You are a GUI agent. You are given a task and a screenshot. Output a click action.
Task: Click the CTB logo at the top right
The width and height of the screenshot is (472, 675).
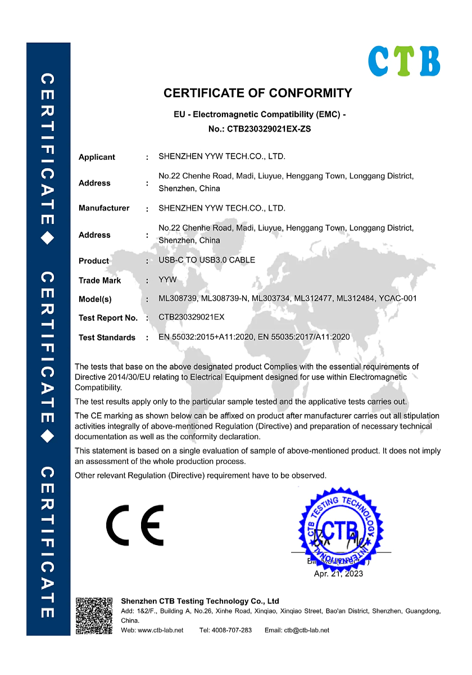pyautogui.click(x=404, y=61)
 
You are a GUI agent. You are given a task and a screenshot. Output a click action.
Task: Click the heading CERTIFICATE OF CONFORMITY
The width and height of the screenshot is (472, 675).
pyautogui.click(x=258, y=93)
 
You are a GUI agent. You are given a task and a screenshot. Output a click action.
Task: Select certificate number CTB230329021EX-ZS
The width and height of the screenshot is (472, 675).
pyautogui.click(x=269, y=129)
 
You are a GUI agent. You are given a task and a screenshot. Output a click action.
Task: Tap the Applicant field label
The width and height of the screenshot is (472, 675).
pyautogui.click(x=97, y=157)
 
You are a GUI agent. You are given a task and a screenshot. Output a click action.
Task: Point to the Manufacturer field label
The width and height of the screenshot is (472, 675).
pyautogui.click(x=104, y=208)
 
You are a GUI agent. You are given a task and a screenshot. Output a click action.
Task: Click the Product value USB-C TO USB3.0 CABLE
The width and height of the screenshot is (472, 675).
pyautogui.click(x=207, y=260)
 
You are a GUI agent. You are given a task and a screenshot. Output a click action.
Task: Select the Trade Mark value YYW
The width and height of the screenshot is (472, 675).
pyautogui.click(x=167, y=280)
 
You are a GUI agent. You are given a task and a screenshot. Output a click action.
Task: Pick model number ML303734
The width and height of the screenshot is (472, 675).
pyautogui.click(x=271, y=298)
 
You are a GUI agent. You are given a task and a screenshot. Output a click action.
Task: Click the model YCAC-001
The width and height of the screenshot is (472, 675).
pyautogui.click(x=398, y=298)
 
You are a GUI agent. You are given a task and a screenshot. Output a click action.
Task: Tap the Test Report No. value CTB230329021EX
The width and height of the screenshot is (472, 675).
pyautogui.click(x=192, y=317)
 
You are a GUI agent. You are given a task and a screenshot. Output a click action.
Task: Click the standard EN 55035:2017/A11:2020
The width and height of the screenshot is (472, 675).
pyautogui.click(x=303, y=337)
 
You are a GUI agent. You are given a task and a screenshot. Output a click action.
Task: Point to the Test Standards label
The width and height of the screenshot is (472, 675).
pyautogui.click(x=107, y=337)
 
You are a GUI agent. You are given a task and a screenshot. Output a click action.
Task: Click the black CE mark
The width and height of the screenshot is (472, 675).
pyautogui.click(x=135, y=524)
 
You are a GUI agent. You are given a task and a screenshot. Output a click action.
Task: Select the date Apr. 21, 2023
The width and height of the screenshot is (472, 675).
pyautogui.click(x=338, y=574)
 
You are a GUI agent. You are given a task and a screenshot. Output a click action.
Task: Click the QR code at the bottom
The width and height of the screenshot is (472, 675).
pyautogui.click(x=94, y=615)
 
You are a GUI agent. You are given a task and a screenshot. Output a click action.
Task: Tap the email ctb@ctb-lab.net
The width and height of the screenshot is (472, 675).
pyautogui.click(x=306, y=630)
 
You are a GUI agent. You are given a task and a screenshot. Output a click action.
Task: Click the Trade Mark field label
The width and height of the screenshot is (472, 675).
pyautogui.click(x=100, y=280)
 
